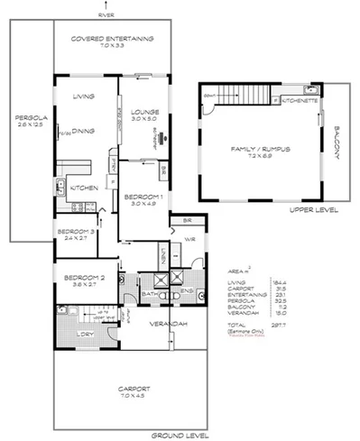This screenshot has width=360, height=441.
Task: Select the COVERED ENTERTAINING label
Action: point(114,39)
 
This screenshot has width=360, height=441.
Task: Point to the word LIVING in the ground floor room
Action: point(84,95)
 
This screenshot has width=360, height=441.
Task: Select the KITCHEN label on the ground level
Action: point(84,187)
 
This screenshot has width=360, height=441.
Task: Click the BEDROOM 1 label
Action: point(143,196)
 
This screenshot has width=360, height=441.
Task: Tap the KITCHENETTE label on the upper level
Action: point(298,102)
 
